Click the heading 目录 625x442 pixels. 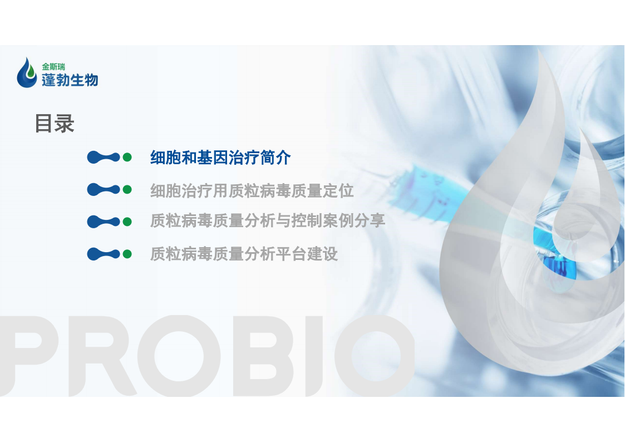click(55, 123)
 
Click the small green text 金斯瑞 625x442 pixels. click(53, 67)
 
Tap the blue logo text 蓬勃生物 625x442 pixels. click(70, 80)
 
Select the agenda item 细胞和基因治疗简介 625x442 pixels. click(220, 158)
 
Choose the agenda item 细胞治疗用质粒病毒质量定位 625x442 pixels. click(252, 190)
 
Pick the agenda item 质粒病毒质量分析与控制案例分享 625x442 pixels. click(268, 220)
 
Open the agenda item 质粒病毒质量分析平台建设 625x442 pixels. click(244, 254)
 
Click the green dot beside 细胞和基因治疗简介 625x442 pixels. click(127, 158)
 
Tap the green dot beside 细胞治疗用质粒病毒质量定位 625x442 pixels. click(127, 190)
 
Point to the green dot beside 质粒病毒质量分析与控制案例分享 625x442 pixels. click(127, 222)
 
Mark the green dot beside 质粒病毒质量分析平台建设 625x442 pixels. click(127, 254)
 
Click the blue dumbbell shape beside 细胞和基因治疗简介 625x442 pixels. click(103, 158)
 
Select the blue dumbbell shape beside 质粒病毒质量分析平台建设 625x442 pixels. click(103, 254)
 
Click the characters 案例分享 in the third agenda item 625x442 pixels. click(354, 220)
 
